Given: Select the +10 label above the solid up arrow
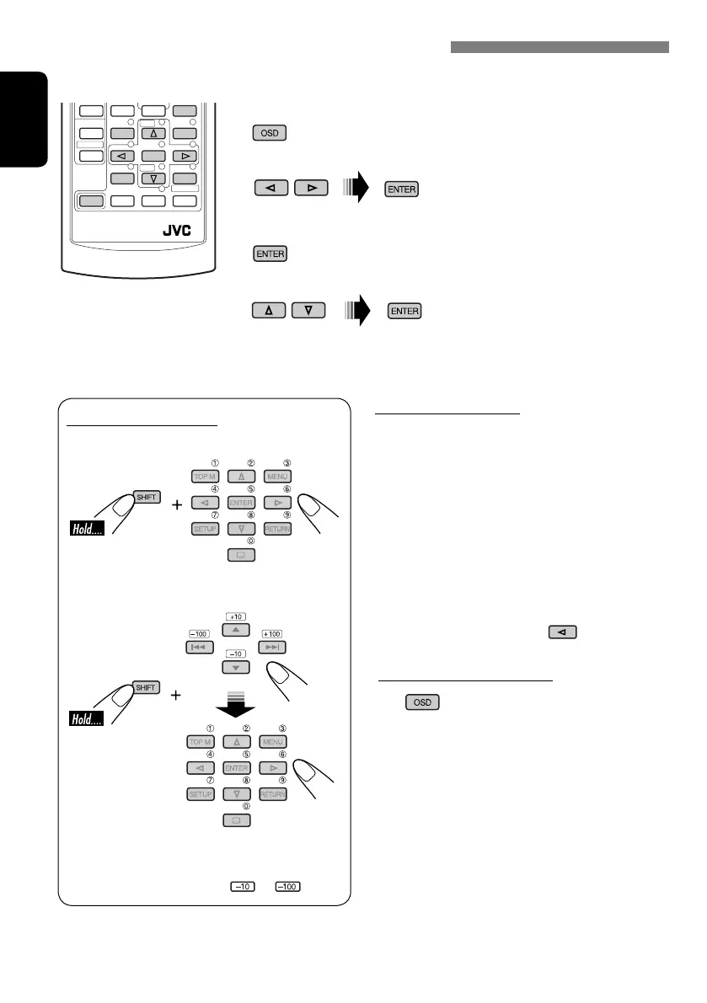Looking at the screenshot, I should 235,616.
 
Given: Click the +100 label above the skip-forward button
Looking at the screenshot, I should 272,633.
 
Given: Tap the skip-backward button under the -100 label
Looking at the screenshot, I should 198,648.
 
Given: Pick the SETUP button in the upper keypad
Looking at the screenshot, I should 198,528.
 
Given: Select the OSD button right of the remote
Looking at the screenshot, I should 269,133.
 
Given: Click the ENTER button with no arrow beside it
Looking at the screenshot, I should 269,254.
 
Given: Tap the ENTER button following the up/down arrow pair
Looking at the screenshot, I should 404,311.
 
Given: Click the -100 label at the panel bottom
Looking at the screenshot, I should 288,886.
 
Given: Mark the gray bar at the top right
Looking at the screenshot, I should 560,47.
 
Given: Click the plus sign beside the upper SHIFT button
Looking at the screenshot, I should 177,506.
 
